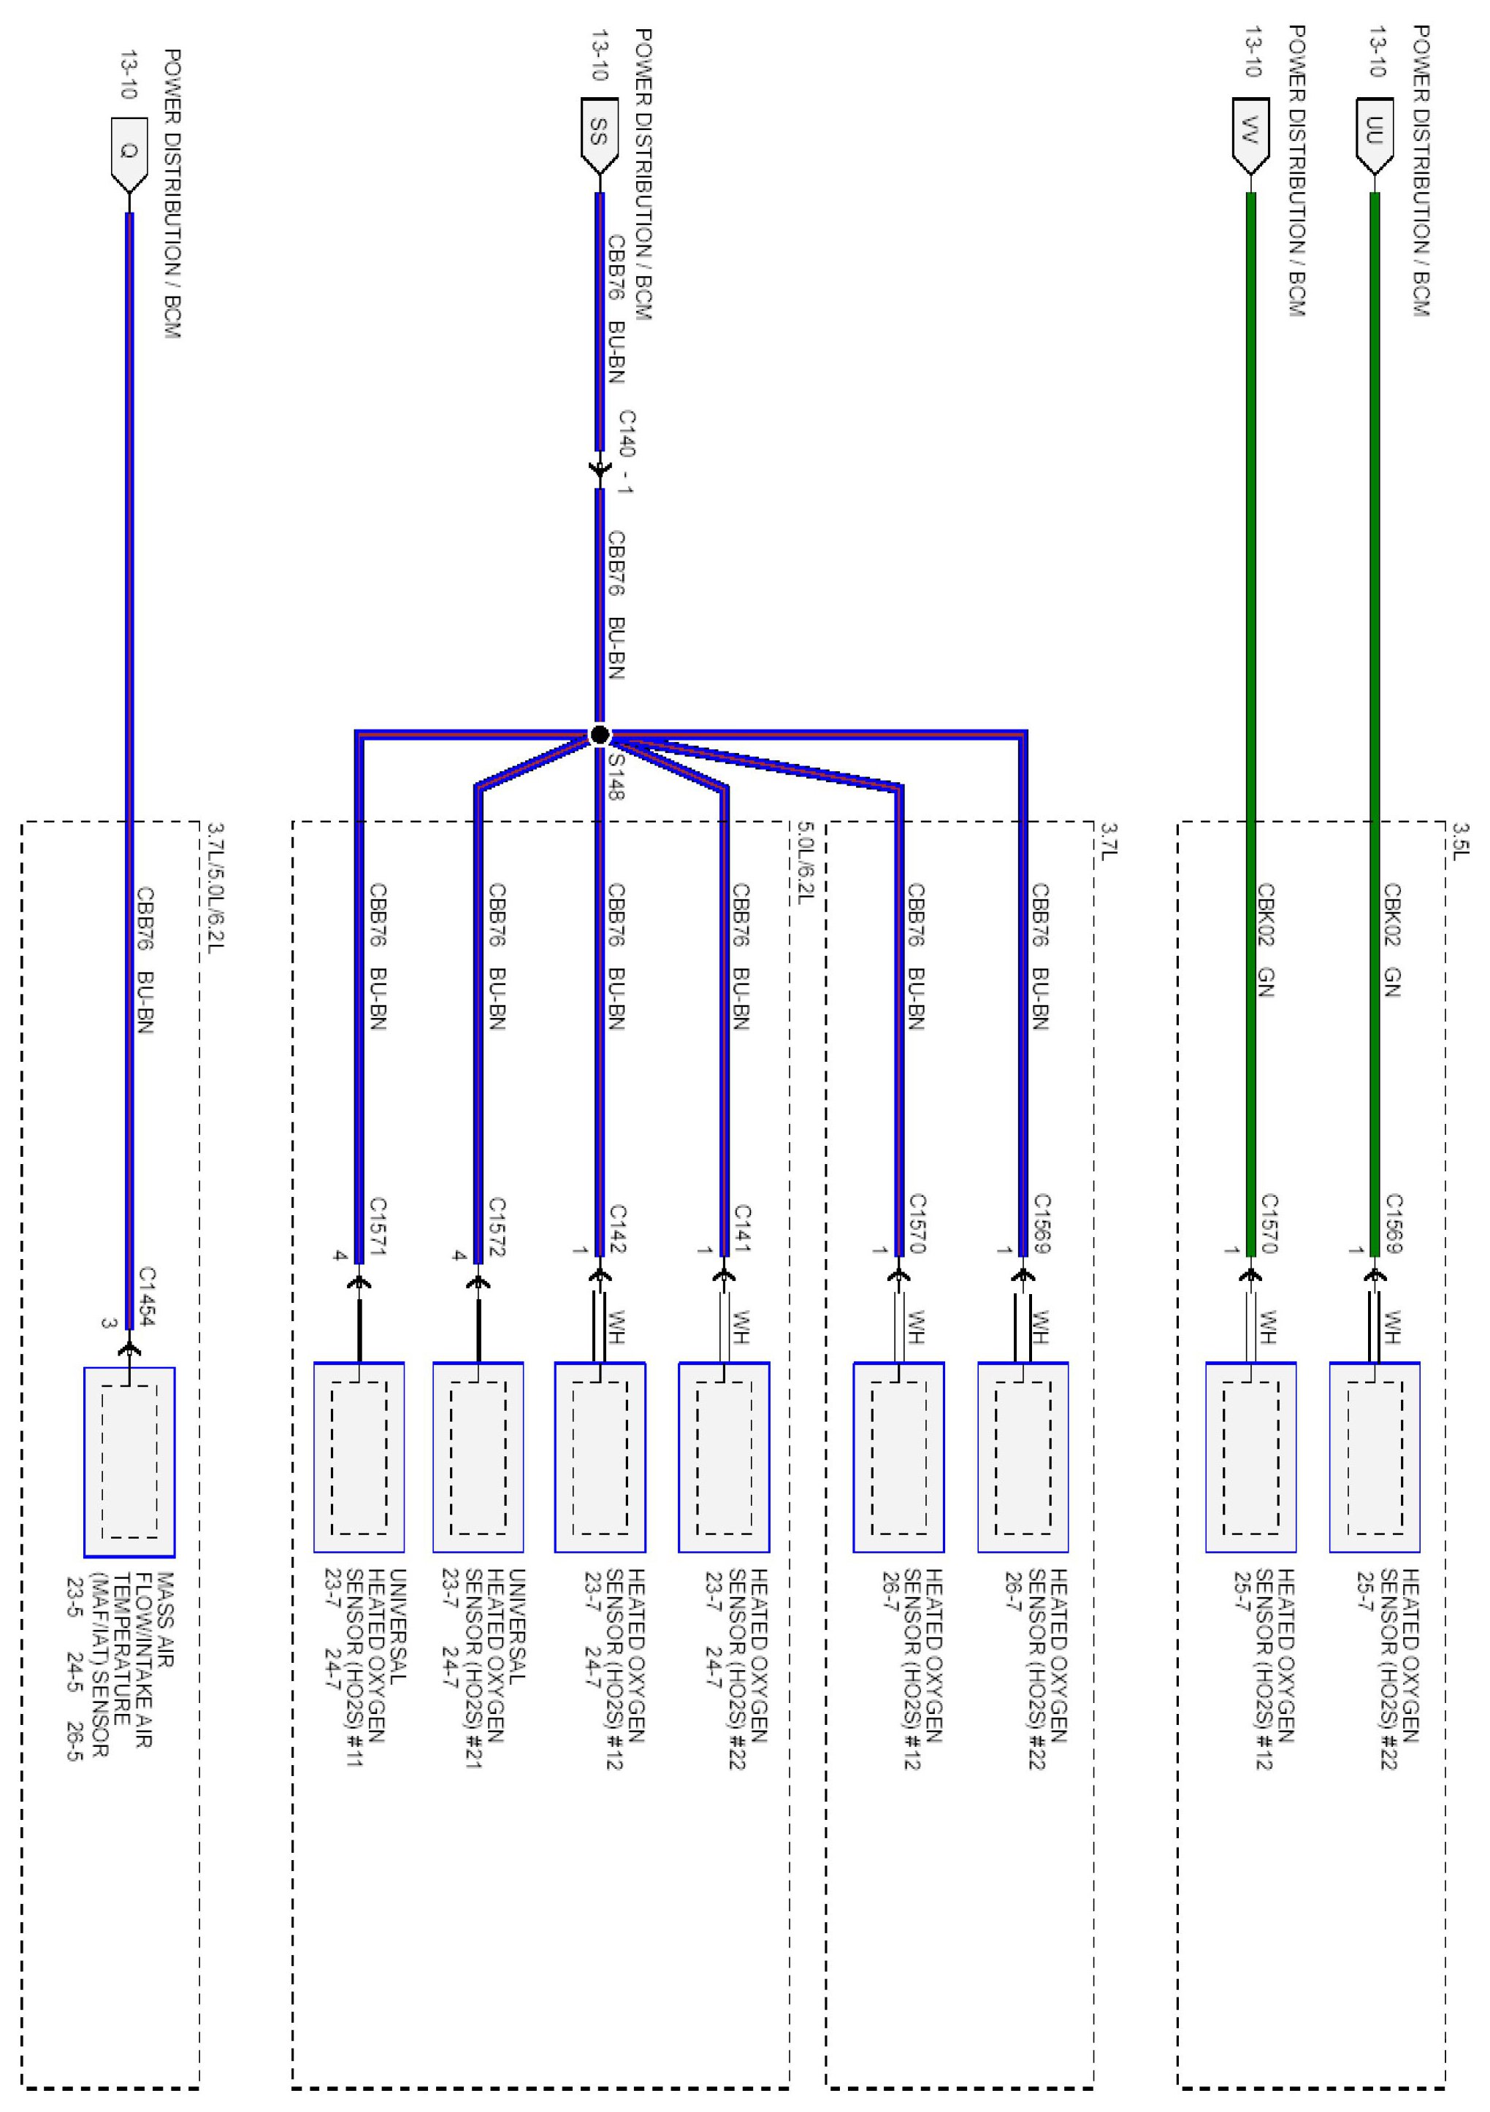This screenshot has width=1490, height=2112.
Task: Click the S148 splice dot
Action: point(600,735)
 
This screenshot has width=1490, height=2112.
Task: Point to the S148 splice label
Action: point(616,776)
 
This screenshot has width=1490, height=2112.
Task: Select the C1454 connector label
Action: point(147,1297)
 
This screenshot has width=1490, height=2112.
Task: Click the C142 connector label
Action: point(617,1230)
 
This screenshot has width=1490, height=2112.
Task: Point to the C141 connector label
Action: point(742,1230)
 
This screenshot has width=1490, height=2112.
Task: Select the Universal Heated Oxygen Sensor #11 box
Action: point(359,1457)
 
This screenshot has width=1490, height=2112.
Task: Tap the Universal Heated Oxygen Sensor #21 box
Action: point(478,1457)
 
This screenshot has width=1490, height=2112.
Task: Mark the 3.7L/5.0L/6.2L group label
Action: point(213,887)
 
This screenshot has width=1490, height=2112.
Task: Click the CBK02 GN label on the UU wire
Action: point(1391,940)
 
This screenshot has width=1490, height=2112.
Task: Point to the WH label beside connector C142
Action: point(616,1326)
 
